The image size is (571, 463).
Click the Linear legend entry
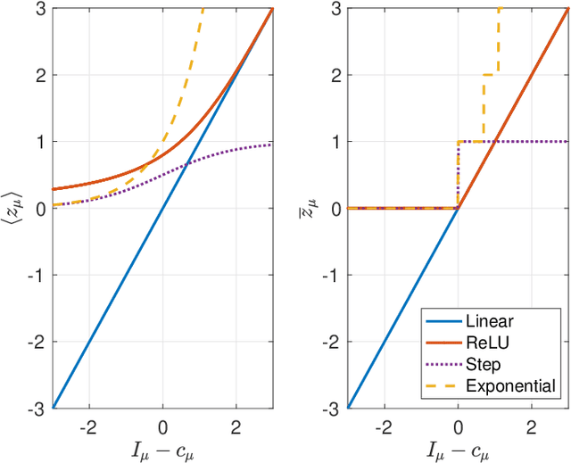497,322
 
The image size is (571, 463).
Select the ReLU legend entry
495,343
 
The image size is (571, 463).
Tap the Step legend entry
491,365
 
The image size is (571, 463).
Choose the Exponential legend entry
516,386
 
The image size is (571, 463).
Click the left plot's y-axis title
12,208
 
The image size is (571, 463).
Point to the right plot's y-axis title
308,208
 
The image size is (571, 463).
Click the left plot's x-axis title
162,449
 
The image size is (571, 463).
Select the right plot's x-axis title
458,449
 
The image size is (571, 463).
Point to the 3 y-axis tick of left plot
42,9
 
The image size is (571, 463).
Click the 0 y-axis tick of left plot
42,209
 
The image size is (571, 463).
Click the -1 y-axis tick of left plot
39,276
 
